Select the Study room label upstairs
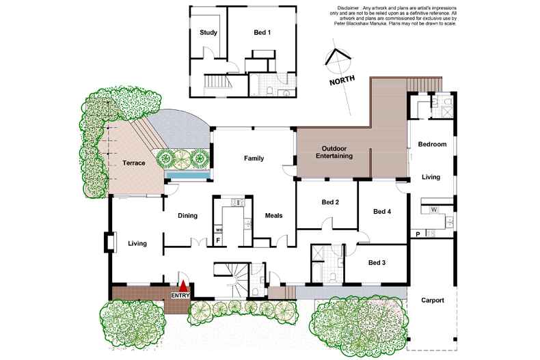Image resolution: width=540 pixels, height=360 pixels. coord(208,32)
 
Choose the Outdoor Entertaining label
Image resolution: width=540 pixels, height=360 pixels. coord(334,152)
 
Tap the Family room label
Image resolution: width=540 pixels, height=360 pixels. coord(254,158)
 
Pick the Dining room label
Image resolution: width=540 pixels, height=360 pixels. coord(187,216)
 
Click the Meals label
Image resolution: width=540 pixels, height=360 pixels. coord(273,216)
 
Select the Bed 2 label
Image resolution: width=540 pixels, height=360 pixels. coord(330,202)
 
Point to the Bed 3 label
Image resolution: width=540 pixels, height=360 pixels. coord(377,263)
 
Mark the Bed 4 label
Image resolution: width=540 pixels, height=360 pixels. coord(382,212)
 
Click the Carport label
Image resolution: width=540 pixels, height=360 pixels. coord(432,300)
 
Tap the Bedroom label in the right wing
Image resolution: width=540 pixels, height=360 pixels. coord(432,144)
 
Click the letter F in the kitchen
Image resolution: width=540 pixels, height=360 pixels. coord(218,240)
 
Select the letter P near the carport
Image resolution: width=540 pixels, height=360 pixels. coord(418,234)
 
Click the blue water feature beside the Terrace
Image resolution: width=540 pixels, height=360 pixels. coord(187,176)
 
